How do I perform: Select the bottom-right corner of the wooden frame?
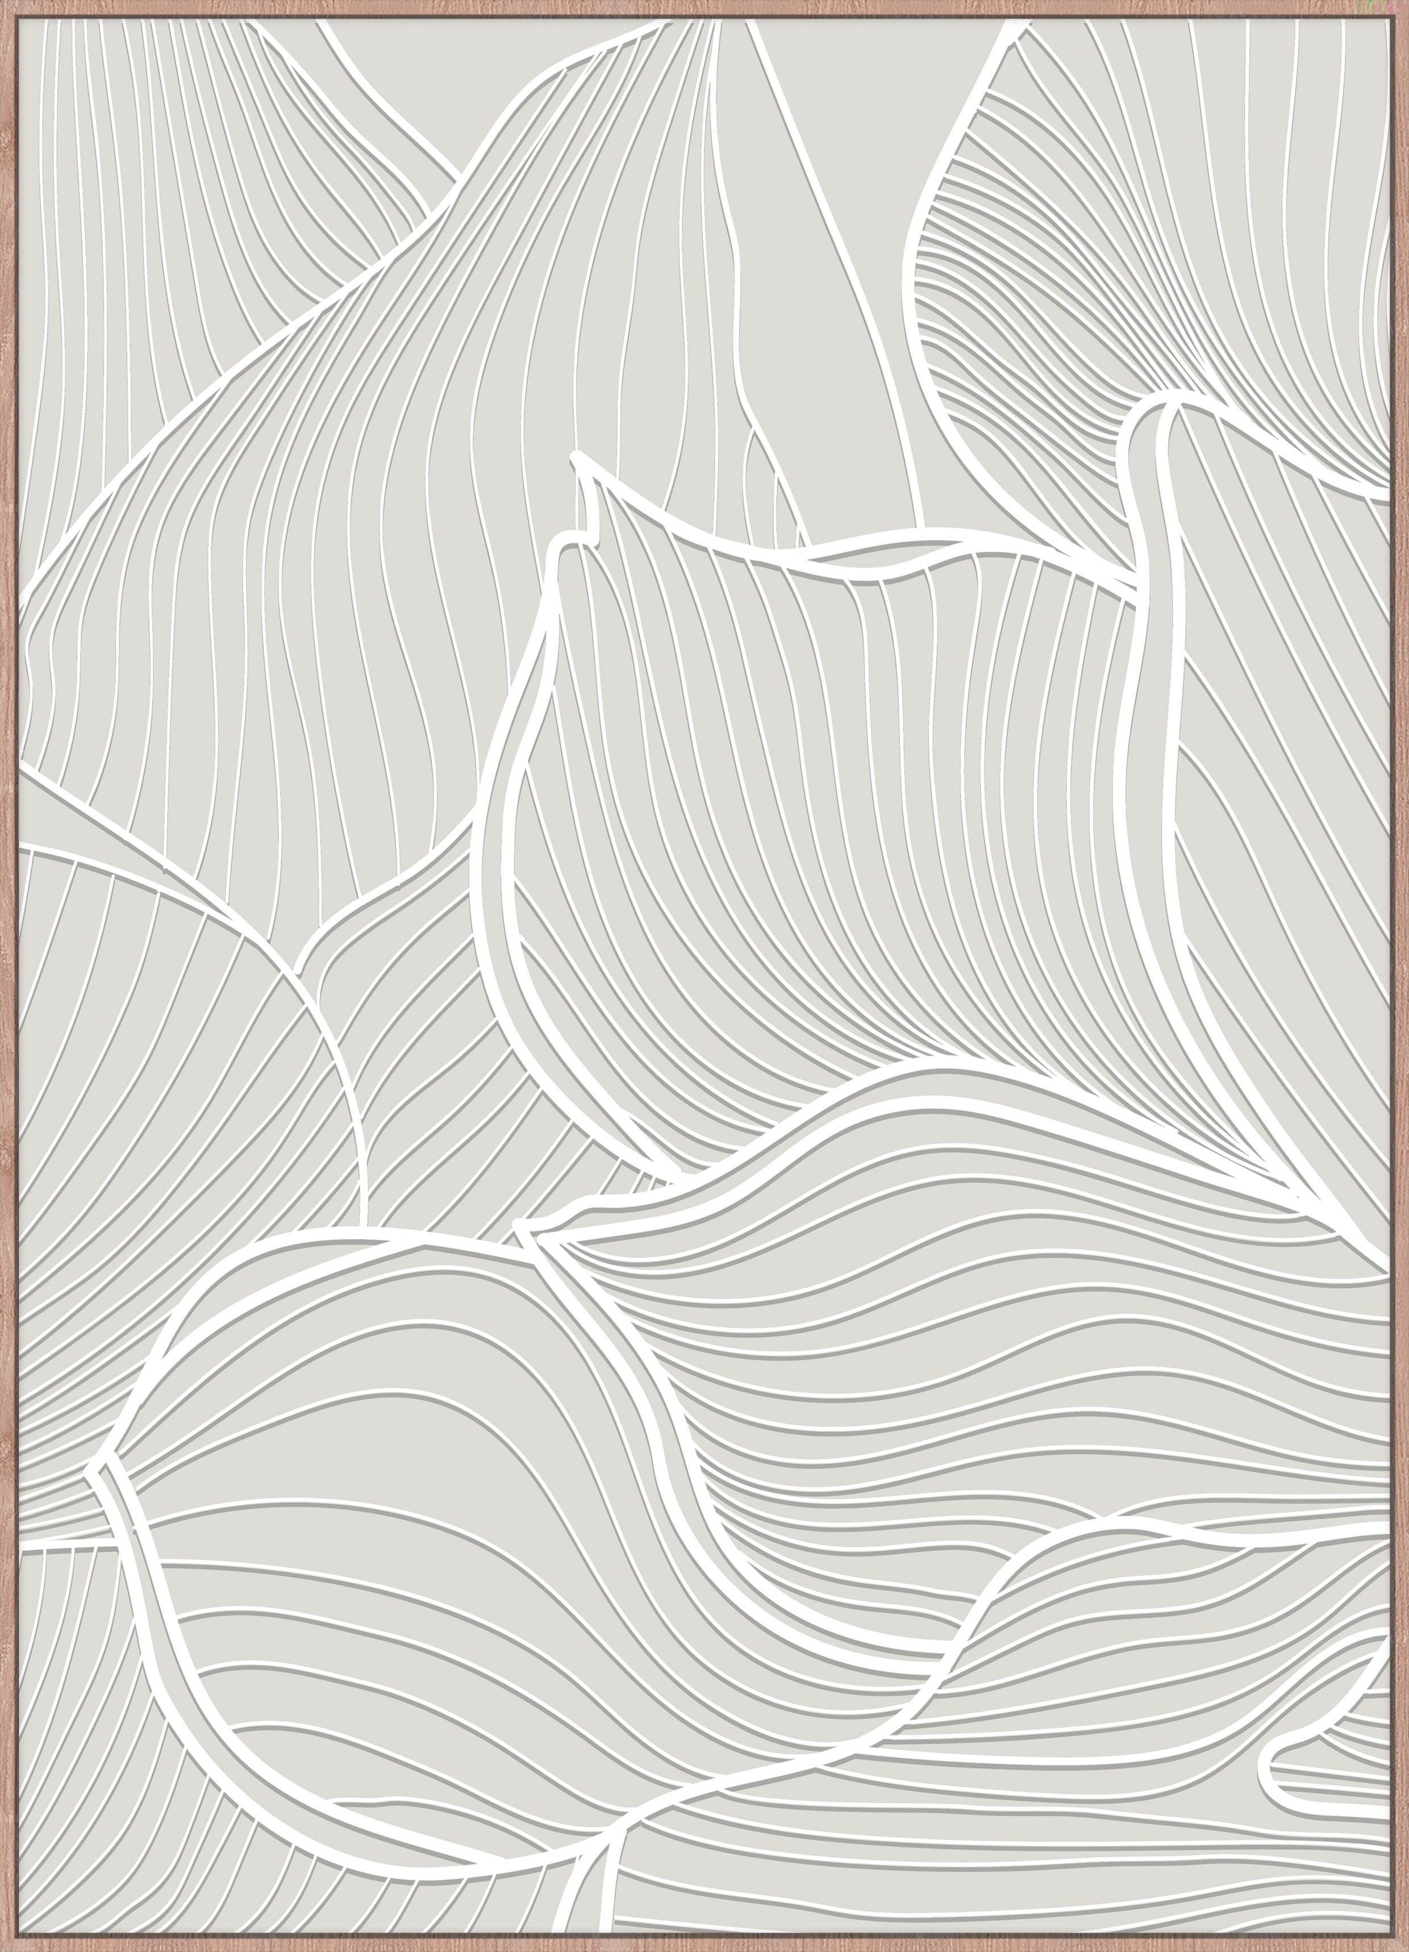1404,1947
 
